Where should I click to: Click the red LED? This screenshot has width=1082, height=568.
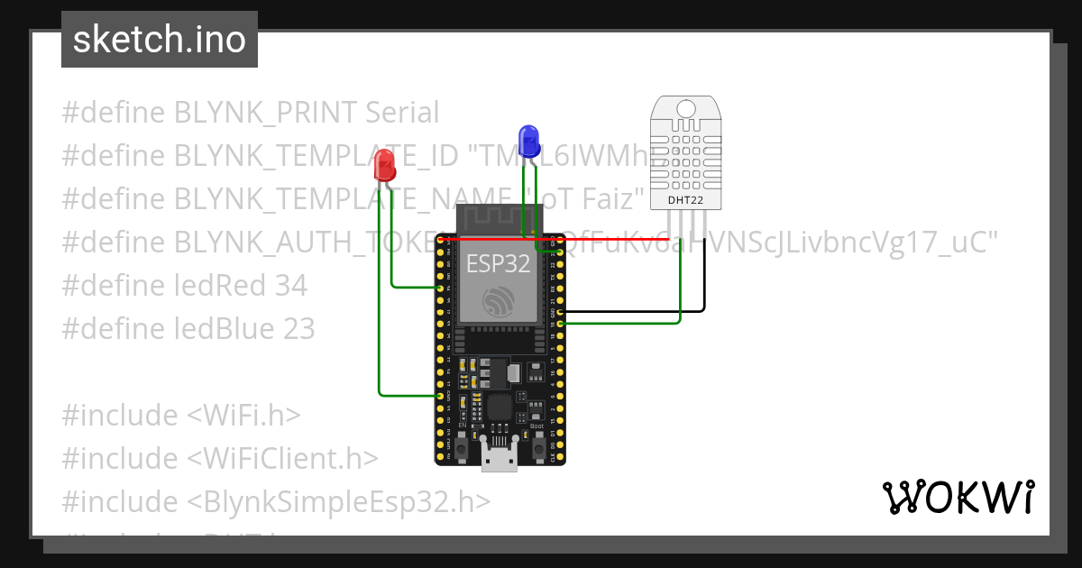click(385, 165)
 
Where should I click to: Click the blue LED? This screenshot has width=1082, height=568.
click(528, 142)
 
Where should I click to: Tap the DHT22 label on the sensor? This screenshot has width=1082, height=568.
click(686, 199)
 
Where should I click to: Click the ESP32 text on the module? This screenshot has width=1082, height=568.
click(498, 263)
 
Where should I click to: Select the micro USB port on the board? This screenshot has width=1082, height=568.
click(500, 458)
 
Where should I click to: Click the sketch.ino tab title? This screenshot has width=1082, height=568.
click(160, 40)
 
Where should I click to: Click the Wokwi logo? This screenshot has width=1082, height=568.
click(958, 497)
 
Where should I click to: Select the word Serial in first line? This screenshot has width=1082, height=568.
click(402, 113)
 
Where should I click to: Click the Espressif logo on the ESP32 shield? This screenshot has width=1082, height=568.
click(498, 301)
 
